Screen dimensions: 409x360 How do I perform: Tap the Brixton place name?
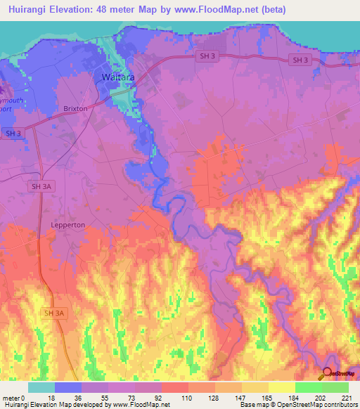tap(75, 109)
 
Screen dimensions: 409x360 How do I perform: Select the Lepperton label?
tap(68, 224)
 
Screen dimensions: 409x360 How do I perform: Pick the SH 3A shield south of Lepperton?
tap(53, 313)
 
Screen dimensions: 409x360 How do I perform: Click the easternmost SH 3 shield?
tap(299, 60)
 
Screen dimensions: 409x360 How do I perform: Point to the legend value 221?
tap(347, 398)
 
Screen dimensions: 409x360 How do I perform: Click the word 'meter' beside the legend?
tap(10, 398)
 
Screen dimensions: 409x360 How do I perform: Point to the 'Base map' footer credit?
tap(253, 405)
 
